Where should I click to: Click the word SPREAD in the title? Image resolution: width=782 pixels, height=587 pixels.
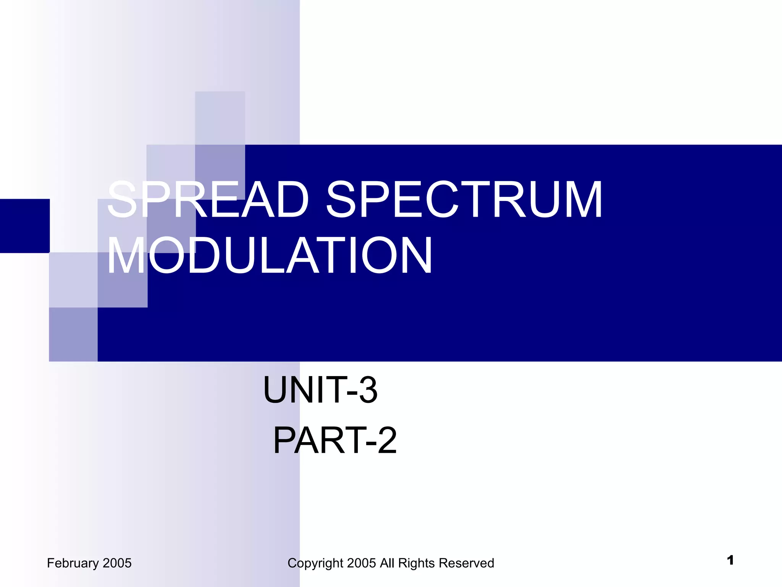pyautogui.click(x=208, y=199)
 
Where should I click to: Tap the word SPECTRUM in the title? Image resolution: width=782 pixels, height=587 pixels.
pyautogui.click(x=464, y=199)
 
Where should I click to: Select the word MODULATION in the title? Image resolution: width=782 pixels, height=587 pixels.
pyautogui.click(x=270, y=255)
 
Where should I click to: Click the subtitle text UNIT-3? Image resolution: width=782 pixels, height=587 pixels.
pyautogui.click(x=320, y=390)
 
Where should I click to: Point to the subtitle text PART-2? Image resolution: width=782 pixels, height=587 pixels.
pyautogui.click(x=335, y=441)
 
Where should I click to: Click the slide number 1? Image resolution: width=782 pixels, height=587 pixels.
pyautogui.click(x=730, y=560)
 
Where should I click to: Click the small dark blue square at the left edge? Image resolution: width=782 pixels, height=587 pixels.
pyautogui.click(x=25, y=226)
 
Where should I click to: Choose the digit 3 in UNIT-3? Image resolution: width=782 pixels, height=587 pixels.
pyautogui.click(x=368, y=390)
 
